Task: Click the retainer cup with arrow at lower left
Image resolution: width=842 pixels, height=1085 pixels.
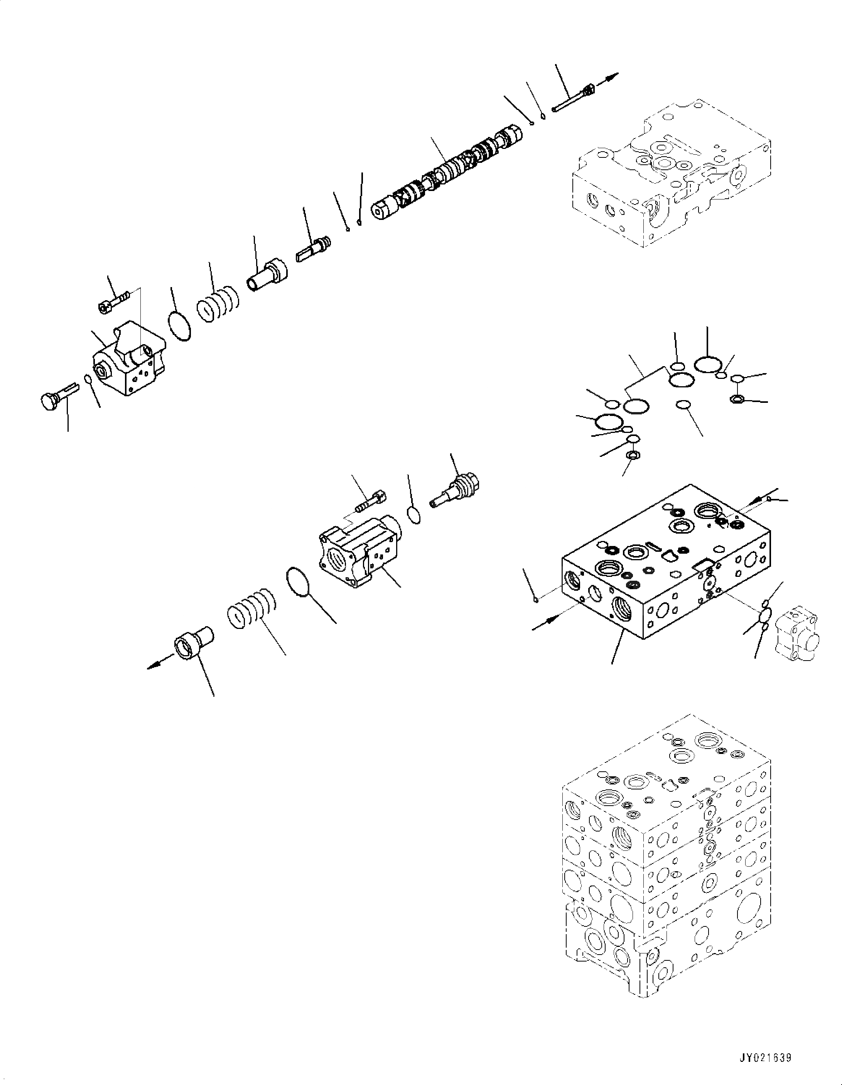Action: click(x=194, y=646)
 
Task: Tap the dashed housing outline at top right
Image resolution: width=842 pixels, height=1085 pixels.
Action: click(x=671, y=174)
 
